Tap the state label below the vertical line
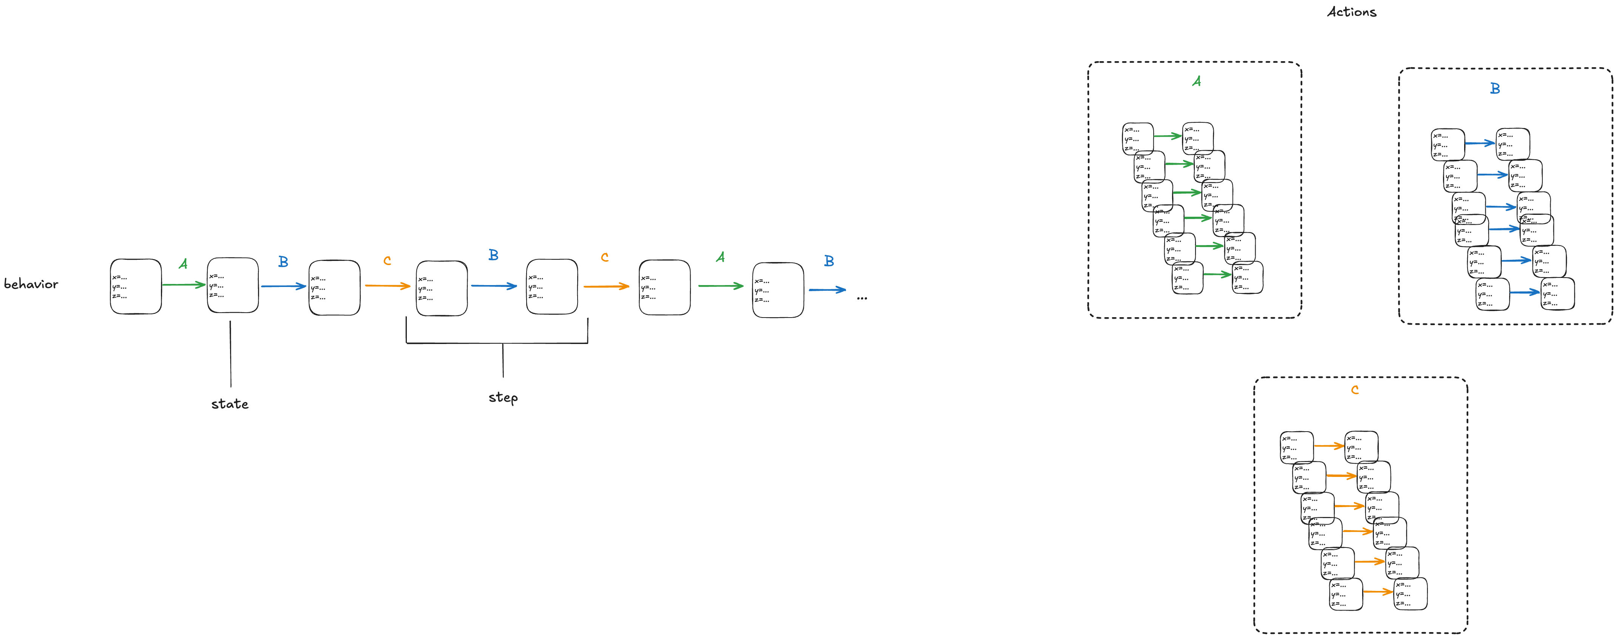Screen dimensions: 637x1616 230,404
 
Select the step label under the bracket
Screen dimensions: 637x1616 503,398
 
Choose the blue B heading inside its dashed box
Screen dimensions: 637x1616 1495,88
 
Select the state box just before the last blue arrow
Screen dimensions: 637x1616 778,290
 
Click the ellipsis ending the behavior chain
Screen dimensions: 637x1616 862,298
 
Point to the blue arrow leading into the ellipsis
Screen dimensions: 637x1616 827,290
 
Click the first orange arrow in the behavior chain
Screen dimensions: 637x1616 387,286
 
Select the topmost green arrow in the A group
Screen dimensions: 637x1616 1168,136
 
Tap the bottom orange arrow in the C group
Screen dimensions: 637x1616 1378,591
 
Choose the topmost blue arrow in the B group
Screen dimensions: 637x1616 1480,143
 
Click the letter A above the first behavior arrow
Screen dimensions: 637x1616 182,264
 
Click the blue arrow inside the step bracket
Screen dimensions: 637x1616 494,286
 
